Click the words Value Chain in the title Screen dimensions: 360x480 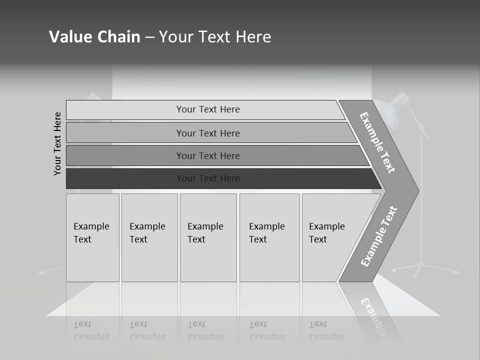coord(94,37)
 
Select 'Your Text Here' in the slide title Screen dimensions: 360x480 coord(215,37)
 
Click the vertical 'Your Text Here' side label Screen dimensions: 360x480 coord(58,143)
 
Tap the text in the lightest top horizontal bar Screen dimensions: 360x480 coord(208,109)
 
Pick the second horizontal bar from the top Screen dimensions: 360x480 coord(208,133)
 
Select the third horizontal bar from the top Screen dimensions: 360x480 coord(208,155)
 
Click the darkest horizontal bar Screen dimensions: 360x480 coord(208,178)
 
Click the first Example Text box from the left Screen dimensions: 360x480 coord(92,237)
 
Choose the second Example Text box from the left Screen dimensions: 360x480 coord(148,237)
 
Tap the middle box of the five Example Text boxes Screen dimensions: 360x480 coord(207,237)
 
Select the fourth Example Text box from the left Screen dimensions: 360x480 coord(269,237)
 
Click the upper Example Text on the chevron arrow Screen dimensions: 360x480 coord(378,142)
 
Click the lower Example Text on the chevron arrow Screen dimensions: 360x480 coord(379,236)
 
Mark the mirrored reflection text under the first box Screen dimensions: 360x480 coord(91,330)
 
